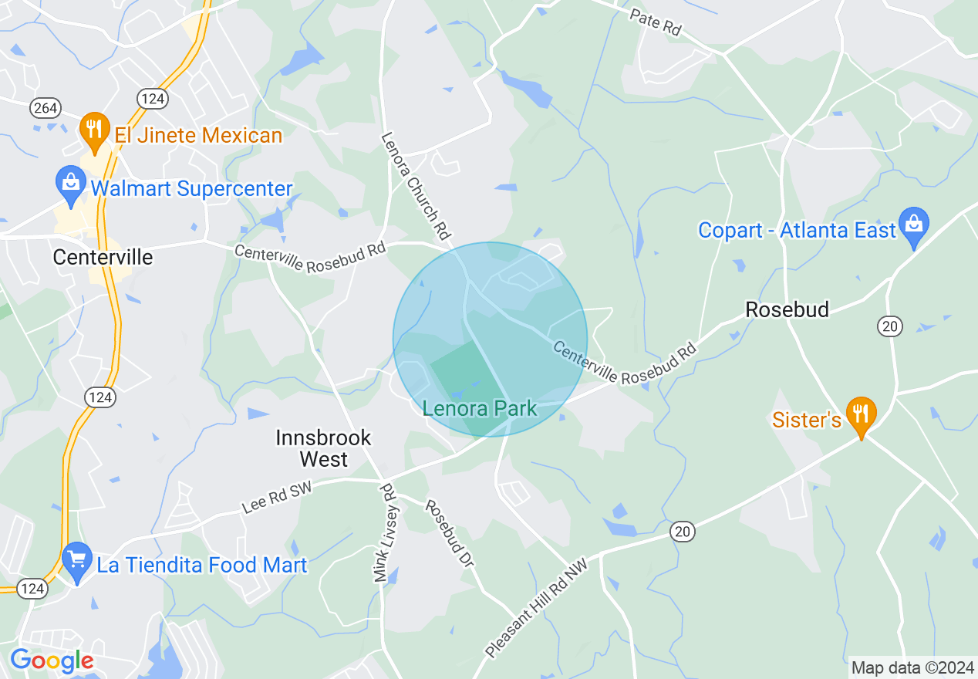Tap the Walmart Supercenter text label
(x=191, y=188)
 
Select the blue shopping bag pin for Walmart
(x=70, y=184)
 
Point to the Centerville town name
(x=103, y=257)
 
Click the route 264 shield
(x=46, y=108)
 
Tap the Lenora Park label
(x=480, y=408)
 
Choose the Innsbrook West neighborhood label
(x=324, y=448)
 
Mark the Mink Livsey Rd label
(x=383, y=532)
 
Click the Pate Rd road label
(x=656, y=22)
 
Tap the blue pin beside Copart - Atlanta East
(x=914, y=225)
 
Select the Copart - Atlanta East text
(x=797, y=230)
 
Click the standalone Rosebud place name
(x=787, y=309)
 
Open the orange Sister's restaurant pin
(x=861, y=414)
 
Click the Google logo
(x=52, y=660)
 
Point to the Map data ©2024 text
(x=912, y=667)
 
